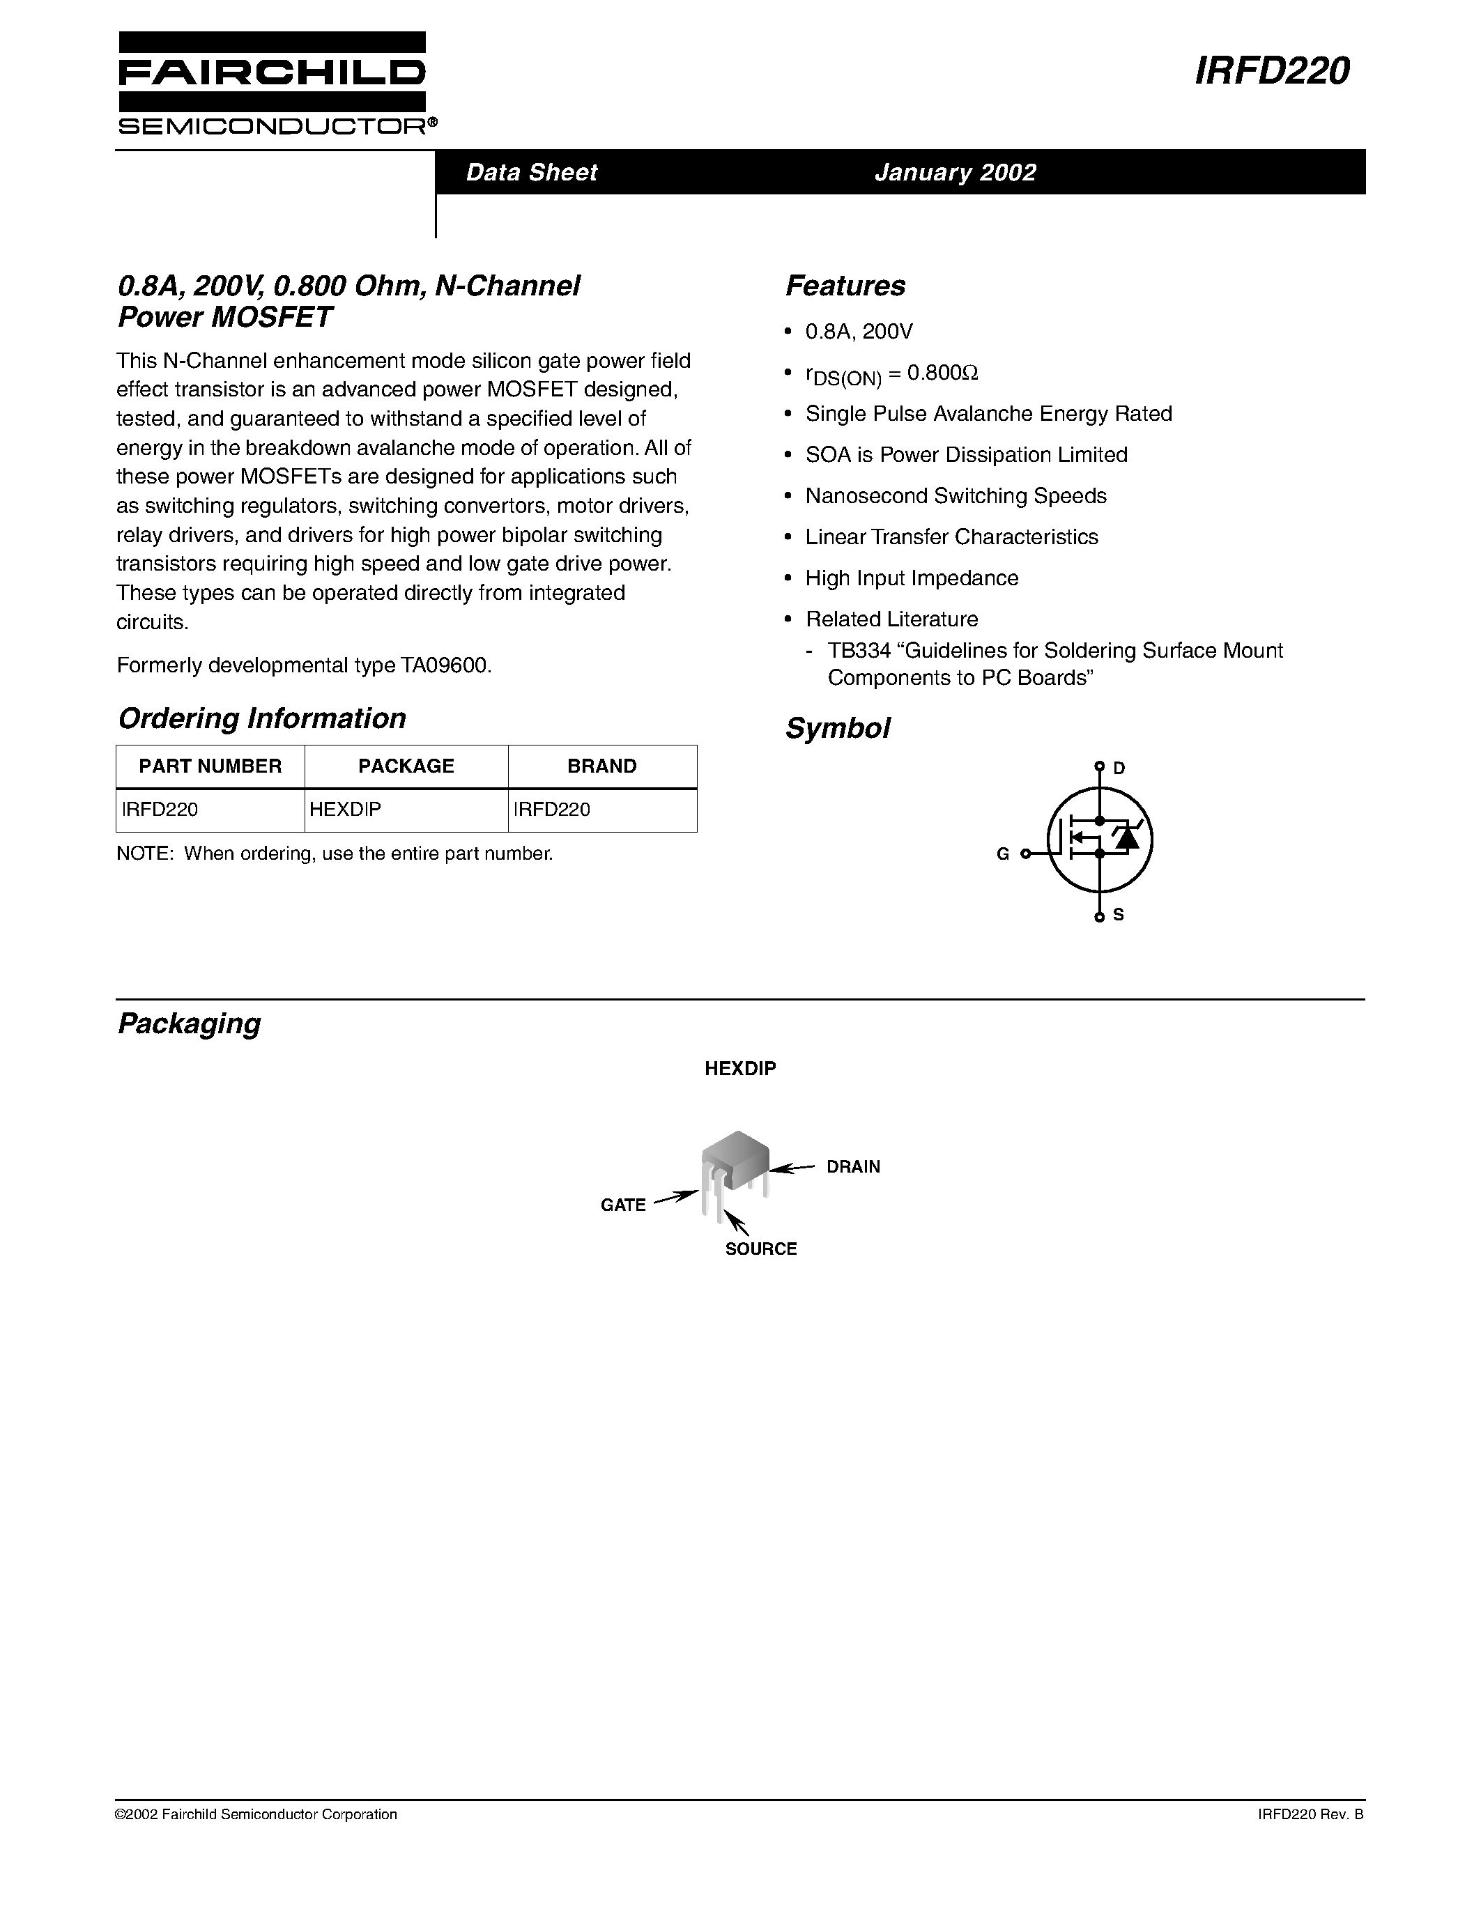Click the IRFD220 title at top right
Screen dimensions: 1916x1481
pyautogui.click(x=1271, y=71)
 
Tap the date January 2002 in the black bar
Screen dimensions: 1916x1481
pyautogui.click(x=955, y=172)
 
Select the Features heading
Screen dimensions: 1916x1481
pyautogui.click(x=845, y=286)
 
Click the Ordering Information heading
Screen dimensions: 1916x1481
pyautogui.click(x=261, y=718)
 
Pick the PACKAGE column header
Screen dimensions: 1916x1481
pyautogui.click(x=406, y=766)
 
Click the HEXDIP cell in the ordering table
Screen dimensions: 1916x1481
pyautogui.click(x=346, y=810)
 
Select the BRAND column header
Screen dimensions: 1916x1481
pyautogui.click(x=602, y=766)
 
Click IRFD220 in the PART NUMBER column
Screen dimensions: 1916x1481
pyautogui.click(x=160, y=810)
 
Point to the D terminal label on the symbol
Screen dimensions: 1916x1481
pyautogui.click(x=1119, y=768)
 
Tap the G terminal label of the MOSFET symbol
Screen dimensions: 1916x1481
pyautogui.click(x=1002, y=853)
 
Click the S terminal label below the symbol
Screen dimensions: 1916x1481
pyautogui.click(x=1119, y=915)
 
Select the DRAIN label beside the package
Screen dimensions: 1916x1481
pyautogui.click(x=853, y=1167)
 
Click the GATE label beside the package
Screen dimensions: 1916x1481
pyautogui.click(x=623, y=1205)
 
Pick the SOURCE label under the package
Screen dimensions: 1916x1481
pyautogui.click(x=760, y=1249)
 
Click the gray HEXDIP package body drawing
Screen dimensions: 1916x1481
pyautogui.click(x=736, y=1158)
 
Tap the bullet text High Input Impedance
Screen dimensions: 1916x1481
pyautogui.click(x=912, y=578)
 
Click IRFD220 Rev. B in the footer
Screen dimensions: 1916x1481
pyautogui.click(x=1310, y=1814)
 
